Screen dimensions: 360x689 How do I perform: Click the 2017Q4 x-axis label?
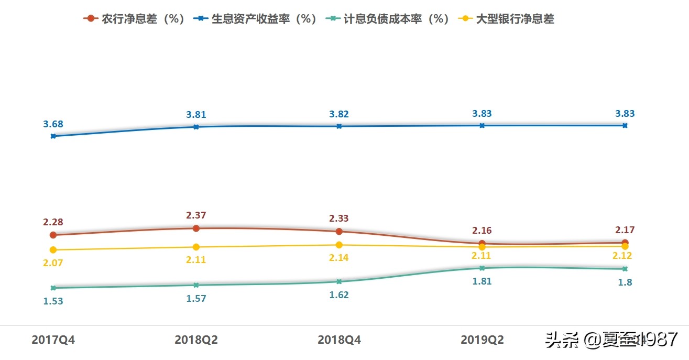click(x=53, y=340)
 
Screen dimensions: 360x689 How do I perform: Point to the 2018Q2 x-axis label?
click(x=196, y=340)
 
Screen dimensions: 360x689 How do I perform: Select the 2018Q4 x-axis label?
click(x=339, y=340)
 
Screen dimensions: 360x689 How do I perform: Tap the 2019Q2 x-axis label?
click(x=482, y=340)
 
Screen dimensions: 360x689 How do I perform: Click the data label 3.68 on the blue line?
click(x=53, y=124)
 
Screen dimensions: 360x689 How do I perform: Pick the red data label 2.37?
click(x=196, y=215)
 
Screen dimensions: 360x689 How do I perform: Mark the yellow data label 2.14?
click(x=339, y=258)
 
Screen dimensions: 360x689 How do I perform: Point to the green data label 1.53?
click(x=53, y=301)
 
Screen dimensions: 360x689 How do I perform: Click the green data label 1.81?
click(x=482, y=281)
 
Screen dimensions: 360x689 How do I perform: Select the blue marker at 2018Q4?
click(x=339, y=126)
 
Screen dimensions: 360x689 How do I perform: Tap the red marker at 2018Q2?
click(x=196, y=228)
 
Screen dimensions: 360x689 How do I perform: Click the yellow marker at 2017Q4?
click(x=53, y=250)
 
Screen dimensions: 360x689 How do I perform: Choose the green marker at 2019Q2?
click(x=482, y=268)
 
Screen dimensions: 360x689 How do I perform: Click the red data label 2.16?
click(x=482, y=231)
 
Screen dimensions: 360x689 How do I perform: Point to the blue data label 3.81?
click(x=196, y=115)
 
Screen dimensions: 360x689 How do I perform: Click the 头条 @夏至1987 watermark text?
click(x=612, y=340)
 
